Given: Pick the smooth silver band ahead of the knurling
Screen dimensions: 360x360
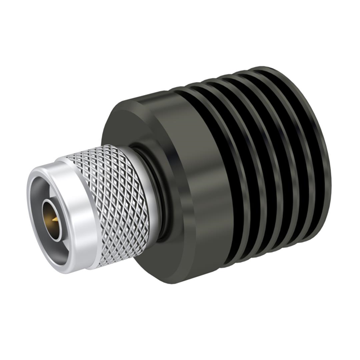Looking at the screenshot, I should (x=70, y=225).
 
